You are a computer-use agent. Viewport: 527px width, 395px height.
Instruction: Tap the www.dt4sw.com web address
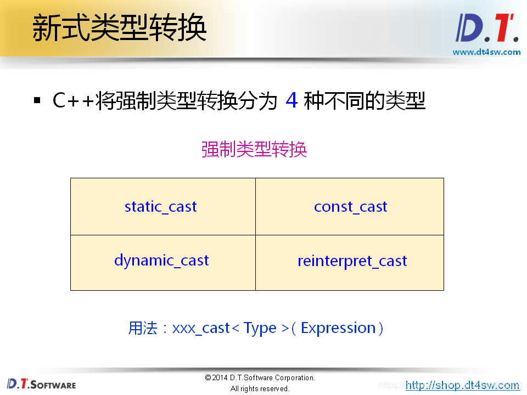pos(486,52)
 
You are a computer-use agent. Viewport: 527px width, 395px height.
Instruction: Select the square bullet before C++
pos(37,101)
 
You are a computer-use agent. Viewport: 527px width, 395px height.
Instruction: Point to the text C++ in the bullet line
pos(73,101)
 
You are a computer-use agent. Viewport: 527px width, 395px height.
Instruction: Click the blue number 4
pos(291,101)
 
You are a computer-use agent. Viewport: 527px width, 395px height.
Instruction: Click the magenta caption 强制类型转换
pos(254,149)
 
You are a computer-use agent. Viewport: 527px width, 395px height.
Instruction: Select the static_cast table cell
pos(161,207)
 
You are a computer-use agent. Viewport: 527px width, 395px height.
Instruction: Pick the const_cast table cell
pos(350,207)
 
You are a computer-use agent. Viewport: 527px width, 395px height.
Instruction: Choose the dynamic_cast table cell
pos(161,261)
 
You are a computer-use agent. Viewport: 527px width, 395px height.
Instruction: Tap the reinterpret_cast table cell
pos(352,261)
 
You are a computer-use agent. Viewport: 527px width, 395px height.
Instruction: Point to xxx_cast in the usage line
pos(201,328)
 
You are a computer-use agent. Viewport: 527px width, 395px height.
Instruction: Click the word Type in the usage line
pos(260,328)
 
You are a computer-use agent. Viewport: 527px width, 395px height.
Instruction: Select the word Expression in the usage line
pos(338,328)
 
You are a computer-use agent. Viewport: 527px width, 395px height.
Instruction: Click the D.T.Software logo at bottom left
pos(41,383)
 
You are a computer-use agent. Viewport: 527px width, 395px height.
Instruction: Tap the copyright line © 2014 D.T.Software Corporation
pos(260,378)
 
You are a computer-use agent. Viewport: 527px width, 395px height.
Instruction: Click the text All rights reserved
pos(260,389)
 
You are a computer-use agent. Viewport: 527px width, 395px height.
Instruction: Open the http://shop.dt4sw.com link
pos(462,385)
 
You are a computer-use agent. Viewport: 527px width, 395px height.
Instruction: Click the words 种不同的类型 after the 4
pos(365,101)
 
